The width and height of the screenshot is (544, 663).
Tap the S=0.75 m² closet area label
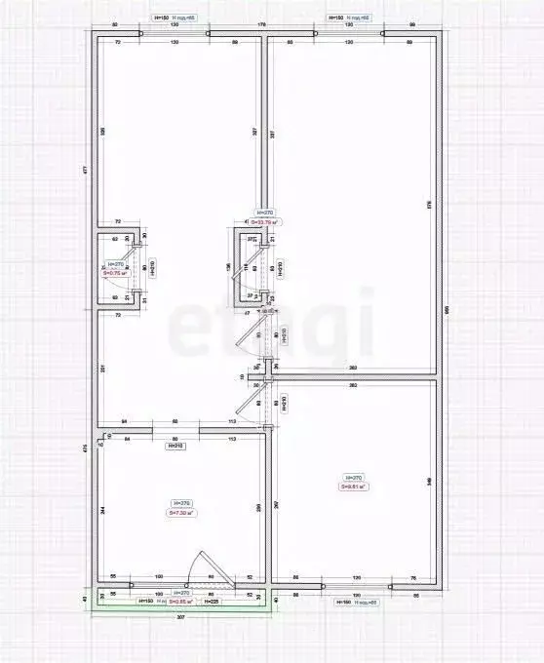114,273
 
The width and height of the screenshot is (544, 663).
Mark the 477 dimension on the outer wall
86,170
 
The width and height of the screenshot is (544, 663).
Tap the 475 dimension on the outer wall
86,448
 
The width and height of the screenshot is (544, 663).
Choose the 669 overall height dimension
446,309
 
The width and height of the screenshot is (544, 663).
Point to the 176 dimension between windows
261,23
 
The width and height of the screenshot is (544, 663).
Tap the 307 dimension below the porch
180,617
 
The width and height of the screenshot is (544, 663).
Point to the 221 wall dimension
102,368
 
